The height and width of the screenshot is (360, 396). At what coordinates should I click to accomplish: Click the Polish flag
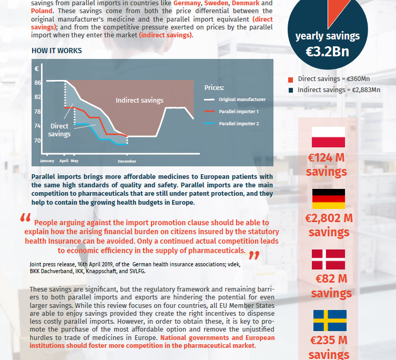click(328, 137)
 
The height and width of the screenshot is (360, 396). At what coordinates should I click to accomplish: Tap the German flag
click(328, 198)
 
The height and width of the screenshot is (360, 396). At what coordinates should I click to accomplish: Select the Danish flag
click(328, 259)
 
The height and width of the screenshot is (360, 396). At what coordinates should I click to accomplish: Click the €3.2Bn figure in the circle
click(328, 52)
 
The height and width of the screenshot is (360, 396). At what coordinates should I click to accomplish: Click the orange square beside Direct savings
click(291, 79)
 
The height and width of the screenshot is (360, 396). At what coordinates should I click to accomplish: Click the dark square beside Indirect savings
click(291, 90)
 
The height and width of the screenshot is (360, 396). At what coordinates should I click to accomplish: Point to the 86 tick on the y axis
click(38, 83)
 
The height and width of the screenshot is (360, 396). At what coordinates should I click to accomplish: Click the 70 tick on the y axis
click(38, 141)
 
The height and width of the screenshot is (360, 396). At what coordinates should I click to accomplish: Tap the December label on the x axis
click(127, 161)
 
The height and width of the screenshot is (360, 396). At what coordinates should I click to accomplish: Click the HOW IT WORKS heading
click(57, 51)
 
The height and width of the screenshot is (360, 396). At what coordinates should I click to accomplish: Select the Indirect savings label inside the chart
click(139, 100)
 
